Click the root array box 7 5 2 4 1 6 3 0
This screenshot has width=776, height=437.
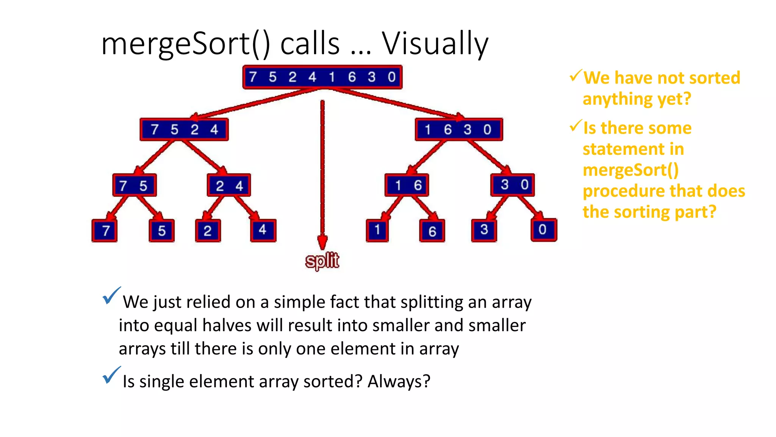click(322, 77)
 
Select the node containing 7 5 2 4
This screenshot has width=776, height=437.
click(184, 130)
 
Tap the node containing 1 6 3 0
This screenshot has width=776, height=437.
click(458, 130)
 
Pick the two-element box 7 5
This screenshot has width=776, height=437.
click(134, 185)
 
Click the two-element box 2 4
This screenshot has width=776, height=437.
click(229, 185)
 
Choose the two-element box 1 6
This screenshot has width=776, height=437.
click(407, 185)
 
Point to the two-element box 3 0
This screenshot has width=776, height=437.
click(513, 185)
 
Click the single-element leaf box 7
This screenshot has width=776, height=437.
click(105, 231)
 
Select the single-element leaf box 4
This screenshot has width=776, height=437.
click(263, 230)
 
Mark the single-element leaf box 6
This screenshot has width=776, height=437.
click(432, 231)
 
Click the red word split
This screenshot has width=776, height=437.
click(322, 261)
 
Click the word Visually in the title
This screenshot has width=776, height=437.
click(435, 44)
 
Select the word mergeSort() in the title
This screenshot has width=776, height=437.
click(186, 44)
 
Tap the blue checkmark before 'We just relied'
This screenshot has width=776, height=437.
click(111, 296)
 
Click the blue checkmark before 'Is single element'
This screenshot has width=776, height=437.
click(111, 376)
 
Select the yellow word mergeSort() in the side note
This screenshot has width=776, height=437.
click(630, 170)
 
